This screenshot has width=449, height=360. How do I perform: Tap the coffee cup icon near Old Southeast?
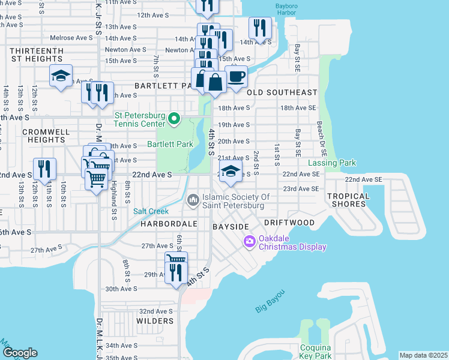237,77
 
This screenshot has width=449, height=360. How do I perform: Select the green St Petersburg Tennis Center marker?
174,119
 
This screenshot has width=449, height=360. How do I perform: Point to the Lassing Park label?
332,163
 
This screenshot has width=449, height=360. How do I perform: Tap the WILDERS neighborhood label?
155,321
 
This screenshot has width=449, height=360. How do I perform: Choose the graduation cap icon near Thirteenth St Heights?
61,76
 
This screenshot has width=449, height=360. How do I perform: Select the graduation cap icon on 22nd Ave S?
231,171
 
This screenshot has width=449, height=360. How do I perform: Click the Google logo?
19,353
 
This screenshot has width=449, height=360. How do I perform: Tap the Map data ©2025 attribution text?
423,355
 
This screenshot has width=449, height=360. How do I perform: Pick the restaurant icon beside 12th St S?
44,169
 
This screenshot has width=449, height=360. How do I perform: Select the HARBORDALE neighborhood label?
161,223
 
